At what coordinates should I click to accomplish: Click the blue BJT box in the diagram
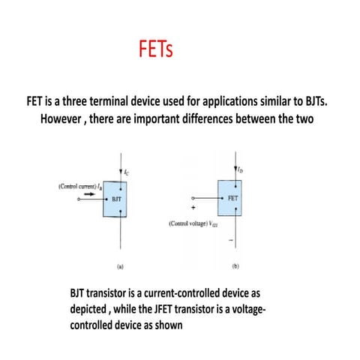[117, 200]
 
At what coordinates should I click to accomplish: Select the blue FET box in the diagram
[230, 197]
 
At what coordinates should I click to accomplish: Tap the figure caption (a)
[120, 265]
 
